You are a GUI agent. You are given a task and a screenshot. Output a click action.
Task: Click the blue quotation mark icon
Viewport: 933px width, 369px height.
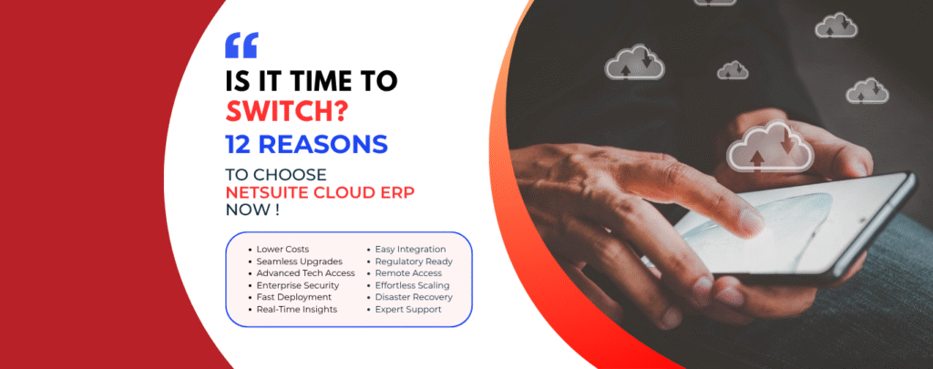[x=241, y=46]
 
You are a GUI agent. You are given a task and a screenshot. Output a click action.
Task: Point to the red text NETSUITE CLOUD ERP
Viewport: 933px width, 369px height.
[x=320, y=193]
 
